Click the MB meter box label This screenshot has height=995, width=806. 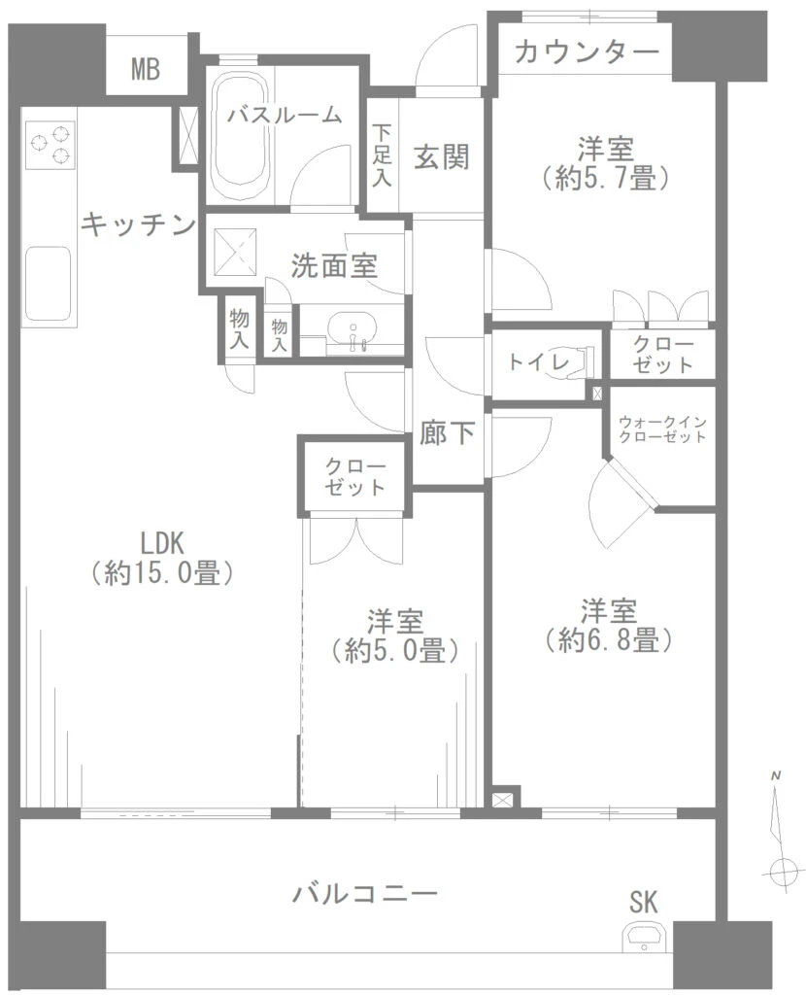pyautogui.click(x=146, y=69)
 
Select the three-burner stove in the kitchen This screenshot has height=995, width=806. pyautogui.click(x=50, y=145)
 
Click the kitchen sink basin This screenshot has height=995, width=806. pyautogui.click(x=47, y=284)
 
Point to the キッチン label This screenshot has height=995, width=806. pyautogui.click(x=138, y=224)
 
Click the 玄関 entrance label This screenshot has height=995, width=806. pyautogui.click(x=442, y=156)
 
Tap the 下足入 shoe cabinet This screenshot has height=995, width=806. pyautogui.click(x=383, y=155)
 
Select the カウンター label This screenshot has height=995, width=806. pyautogui.click(x=587, y=52)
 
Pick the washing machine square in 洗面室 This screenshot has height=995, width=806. pyautogui.click(x=235, y=253)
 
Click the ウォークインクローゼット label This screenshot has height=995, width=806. pyautogui.click(x=662, y=429)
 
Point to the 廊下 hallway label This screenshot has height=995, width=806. pyautogui.click(x=447, y=432)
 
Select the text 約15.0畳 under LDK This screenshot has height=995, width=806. pyautogui.click(x=162, y=573)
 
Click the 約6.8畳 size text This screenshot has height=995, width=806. pyautogui.click(x=608, y=639)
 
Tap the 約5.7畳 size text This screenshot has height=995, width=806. pyautogui.click(x=606, y=180)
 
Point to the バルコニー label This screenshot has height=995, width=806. pyautogui.click(x=364, y=894)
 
